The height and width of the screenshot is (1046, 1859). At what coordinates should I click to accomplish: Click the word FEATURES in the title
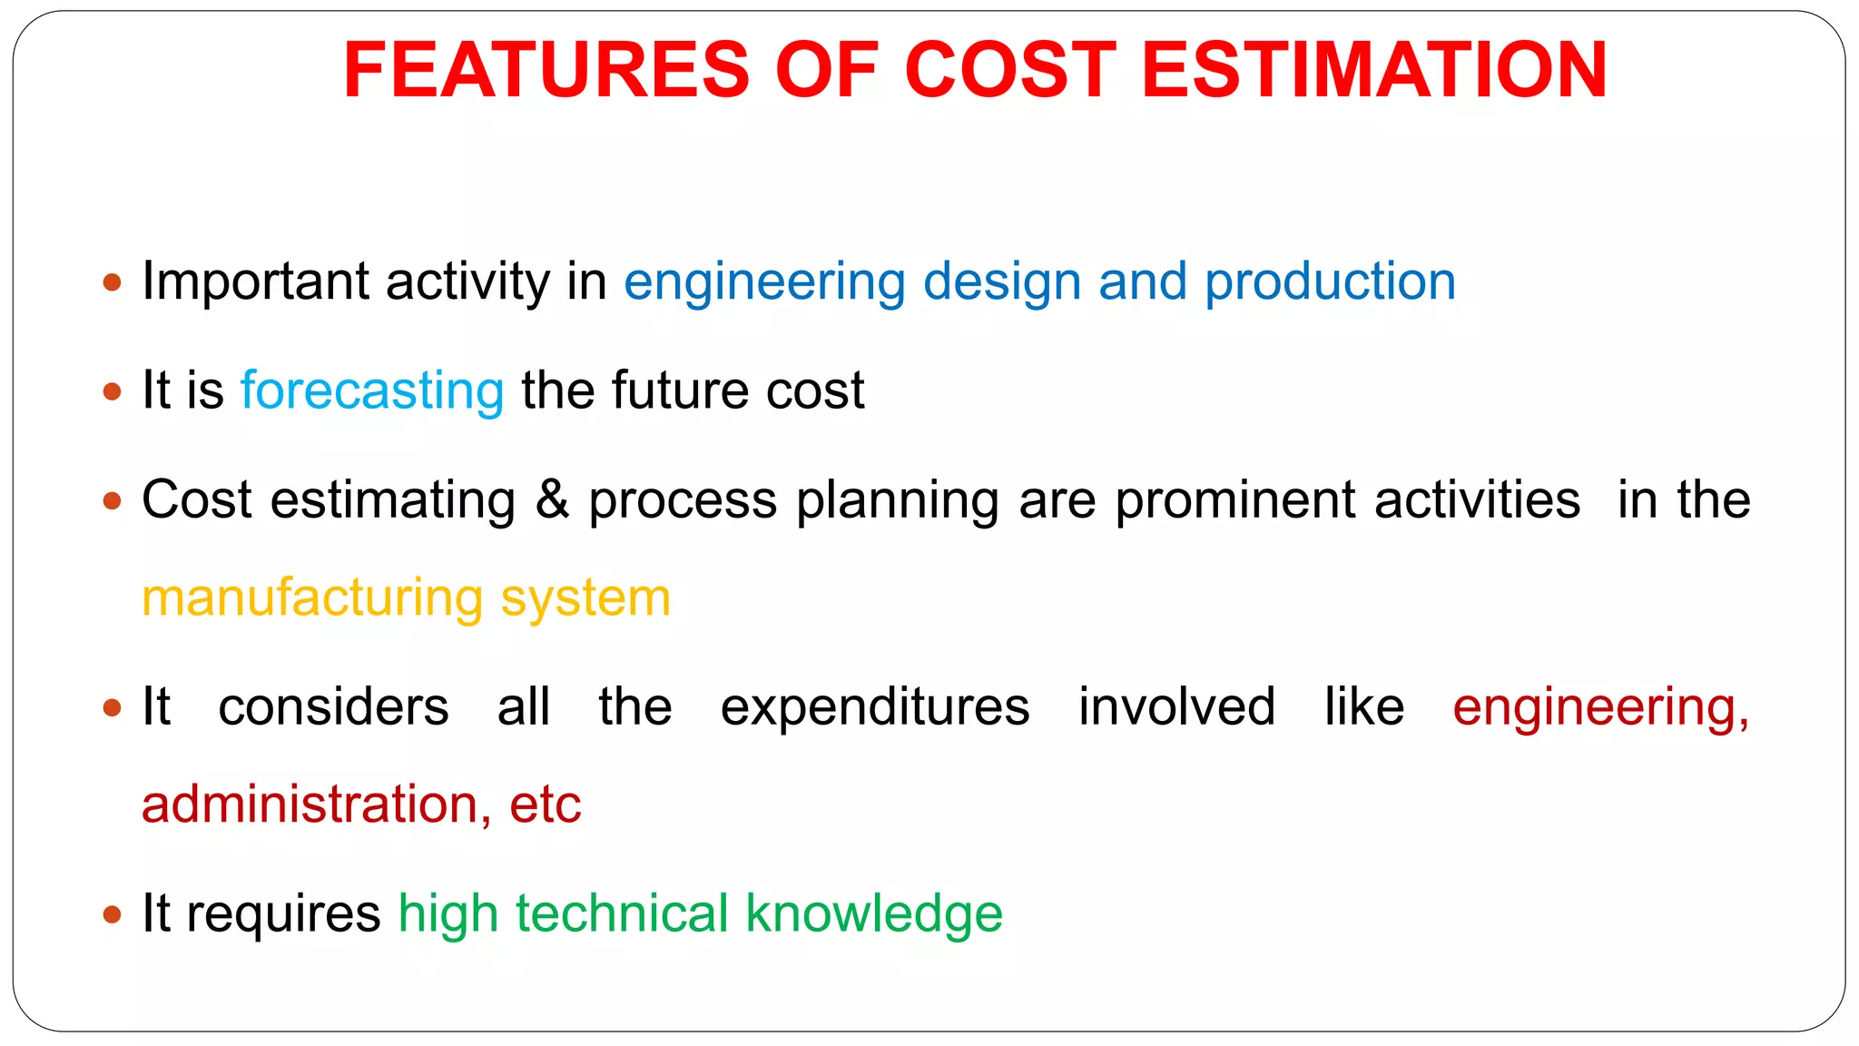[x=546, y=70]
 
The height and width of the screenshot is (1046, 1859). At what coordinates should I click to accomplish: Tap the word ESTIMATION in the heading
[x=1374, y=70]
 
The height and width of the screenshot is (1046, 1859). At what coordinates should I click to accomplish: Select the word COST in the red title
[x=1009, y=70]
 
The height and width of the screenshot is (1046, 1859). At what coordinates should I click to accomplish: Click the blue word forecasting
[x=372, y=391]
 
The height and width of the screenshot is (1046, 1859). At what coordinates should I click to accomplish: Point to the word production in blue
[x=1330, y=282]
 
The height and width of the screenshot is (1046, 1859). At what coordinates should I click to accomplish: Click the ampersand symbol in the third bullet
[x=552, y=500]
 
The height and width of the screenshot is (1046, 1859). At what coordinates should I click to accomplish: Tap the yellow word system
[x=585, y=598]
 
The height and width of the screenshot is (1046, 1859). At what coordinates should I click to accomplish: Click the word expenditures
[x=875, y=707]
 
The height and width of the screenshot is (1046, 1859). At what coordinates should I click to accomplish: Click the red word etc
[x=545, y=805]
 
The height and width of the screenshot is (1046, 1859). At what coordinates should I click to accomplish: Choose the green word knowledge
[x=874, y=914]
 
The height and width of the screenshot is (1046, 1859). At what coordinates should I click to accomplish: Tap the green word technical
[x=622, y=914]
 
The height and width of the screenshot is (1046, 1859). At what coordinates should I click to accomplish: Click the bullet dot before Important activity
[x=113, y=282]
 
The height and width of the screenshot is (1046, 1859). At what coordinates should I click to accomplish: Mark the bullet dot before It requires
[x=113, y=914]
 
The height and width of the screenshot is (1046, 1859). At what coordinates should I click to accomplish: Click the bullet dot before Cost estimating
[x=113, y=500]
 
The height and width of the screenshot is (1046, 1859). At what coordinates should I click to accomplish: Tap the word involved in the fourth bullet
[x=1176, y=707]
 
